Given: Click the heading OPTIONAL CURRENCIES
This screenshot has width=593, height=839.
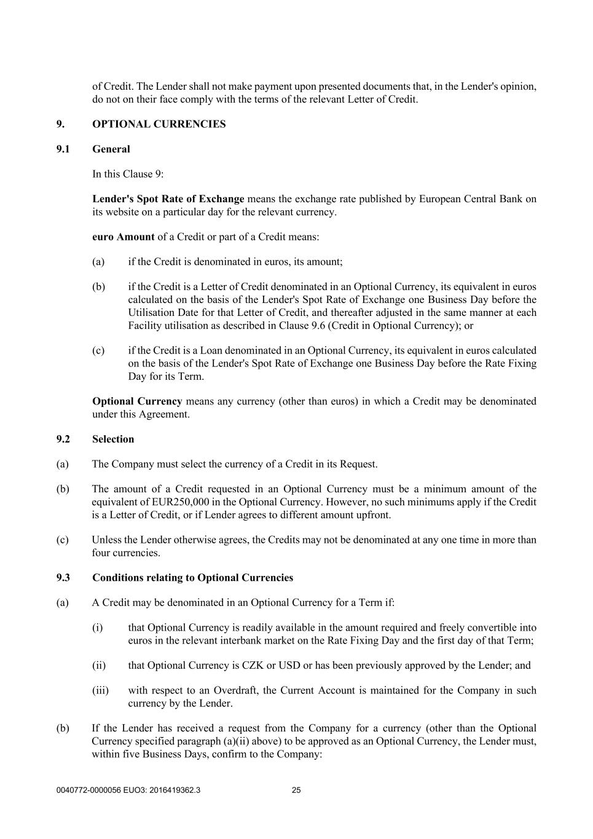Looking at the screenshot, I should [159, 124].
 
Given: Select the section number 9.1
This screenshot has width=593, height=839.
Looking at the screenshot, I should [63, 149].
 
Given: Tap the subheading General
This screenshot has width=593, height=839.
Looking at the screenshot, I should [111, 149].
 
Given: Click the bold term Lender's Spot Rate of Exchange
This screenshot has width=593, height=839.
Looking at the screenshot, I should [168, 199].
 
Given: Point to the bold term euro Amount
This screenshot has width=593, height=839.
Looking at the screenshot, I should [123, 237].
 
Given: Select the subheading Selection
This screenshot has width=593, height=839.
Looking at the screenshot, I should [113, 439].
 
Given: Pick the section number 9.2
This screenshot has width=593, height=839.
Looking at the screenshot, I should [63, 439].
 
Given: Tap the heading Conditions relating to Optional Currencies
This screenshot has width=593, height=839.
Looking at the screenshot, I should [192, 578].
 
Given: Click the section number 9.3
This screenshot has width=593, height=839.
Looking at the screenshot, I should [63, 578].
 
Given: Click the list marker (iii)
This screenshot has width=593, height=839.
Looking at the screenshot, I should [100, 691].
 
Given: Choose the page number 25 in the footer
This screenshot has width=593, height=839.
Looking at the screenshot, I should [296, 790].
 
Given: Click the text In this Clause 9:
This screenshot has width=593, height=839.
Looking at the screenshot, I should [128, 174].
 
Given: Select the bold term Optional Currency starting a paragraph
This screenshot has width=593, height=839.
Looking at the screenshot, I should [137, 401].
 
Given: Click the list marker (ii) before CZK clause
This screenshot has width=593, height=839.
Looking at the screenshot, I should [99, 666].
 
